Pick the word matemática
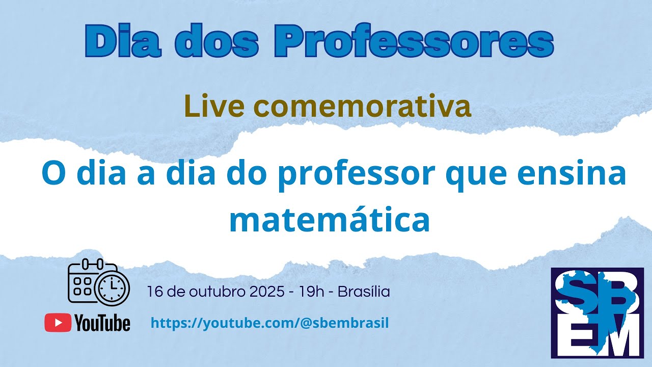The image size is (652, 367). [329, 220]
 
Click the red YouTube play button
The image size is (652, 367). [58, 323]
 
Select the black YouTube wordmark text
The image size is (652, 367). [102, 323]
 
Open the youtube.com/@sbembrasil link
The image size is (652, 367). [270, 323]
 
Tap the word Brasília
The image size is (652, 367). [364, 292]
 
